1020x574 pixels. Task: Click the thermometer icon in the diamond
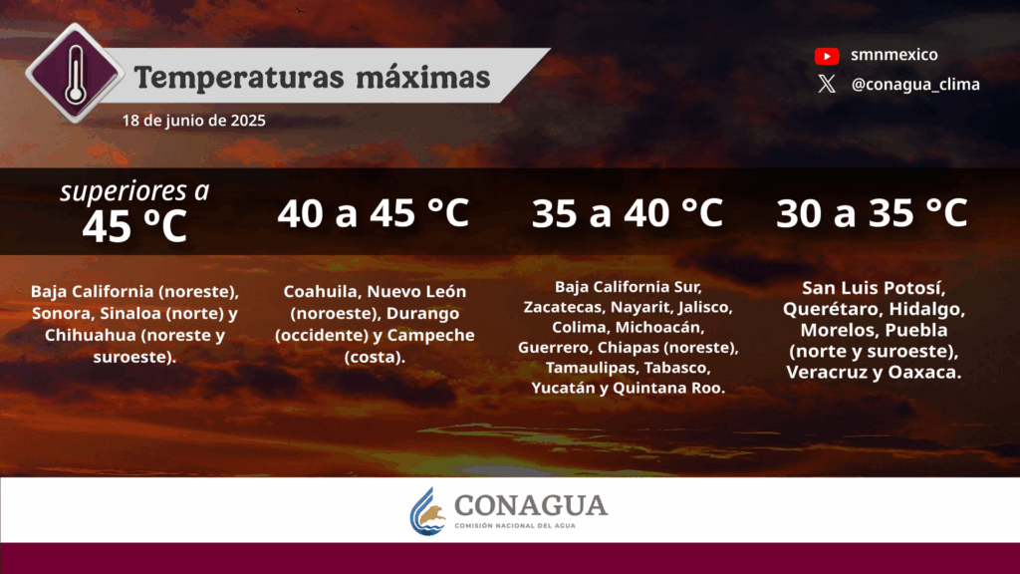click(76, 75)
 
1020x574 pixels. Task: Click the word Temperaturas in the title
click(239, 78)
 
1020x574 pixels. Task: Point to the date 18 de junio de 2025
click(194, 121)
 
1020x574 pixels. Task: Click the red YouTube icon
click(827, 56)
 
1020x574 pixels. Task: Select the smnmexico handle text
click(894, 55)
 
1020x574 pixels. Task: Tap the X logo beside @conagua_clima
click(827, 84)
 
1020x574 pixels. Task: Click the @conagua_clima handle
click(915, 85)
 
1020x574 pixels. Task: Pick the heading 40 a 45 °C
click(374, 213)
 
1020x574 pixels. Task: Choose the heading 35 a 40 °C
click(628, 213)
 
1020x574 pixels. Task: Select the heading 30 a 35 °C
click(872, 213)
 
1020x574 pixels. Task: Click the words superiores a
click(134, 190)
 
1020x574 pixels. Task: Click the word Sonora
click(60, 313)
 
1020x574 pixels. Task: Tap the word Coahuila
click(320, 292)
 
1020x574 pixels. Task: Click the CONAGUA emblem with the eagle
click(427, 511)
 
